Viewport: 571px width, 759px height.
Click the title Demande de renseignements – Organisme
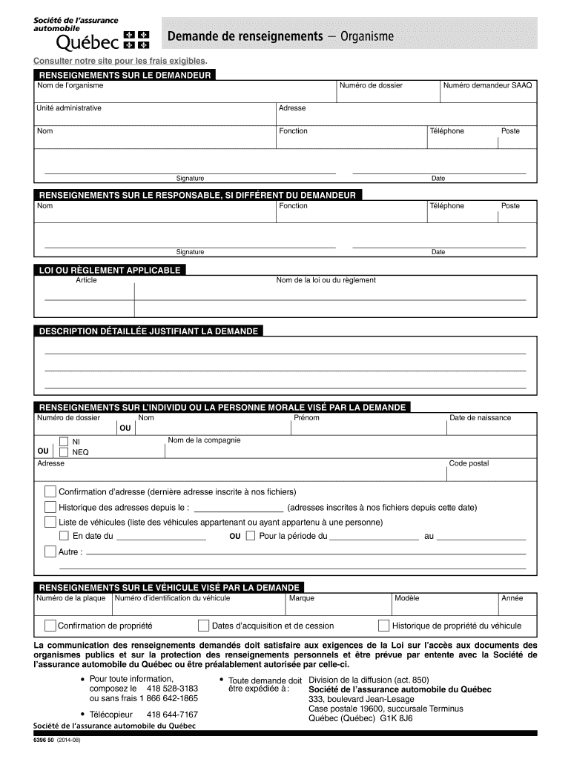click(280, 36)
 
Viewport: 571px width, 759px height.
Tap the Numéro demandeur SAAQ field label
click(487, 85)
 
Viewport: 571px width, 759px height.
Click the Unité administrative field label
click(69, 108)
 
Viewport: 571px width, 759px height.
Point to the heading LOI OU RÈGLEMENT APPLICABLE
click(109, 271)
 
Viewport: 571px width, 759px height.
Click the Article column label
click(86, 280)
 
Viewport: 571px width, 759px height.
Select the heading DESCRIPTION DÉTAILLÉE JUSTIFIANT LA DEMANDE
click(148, 331)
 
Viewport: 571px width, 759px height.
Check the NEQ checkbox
click(65, 452)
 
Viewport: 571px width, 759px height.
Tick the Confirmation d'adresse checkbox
click(50, 491)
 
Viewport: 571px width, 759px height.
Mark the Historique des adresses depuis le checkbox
click(50, 508)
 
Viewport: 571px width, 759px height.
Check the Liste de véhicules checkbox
click(50, 522)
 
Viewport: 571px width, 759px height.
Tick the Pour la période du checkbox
click(250, 536)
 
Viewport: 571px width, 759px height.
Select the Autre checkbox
click(50, 551)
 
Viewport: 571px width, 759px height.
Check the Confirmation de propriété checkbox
click(50, 626)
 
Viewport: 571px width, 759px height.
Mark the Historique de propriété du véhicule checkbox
click(383, 626)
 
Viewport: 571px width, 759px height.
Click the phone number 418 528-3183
click(172, 689)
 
